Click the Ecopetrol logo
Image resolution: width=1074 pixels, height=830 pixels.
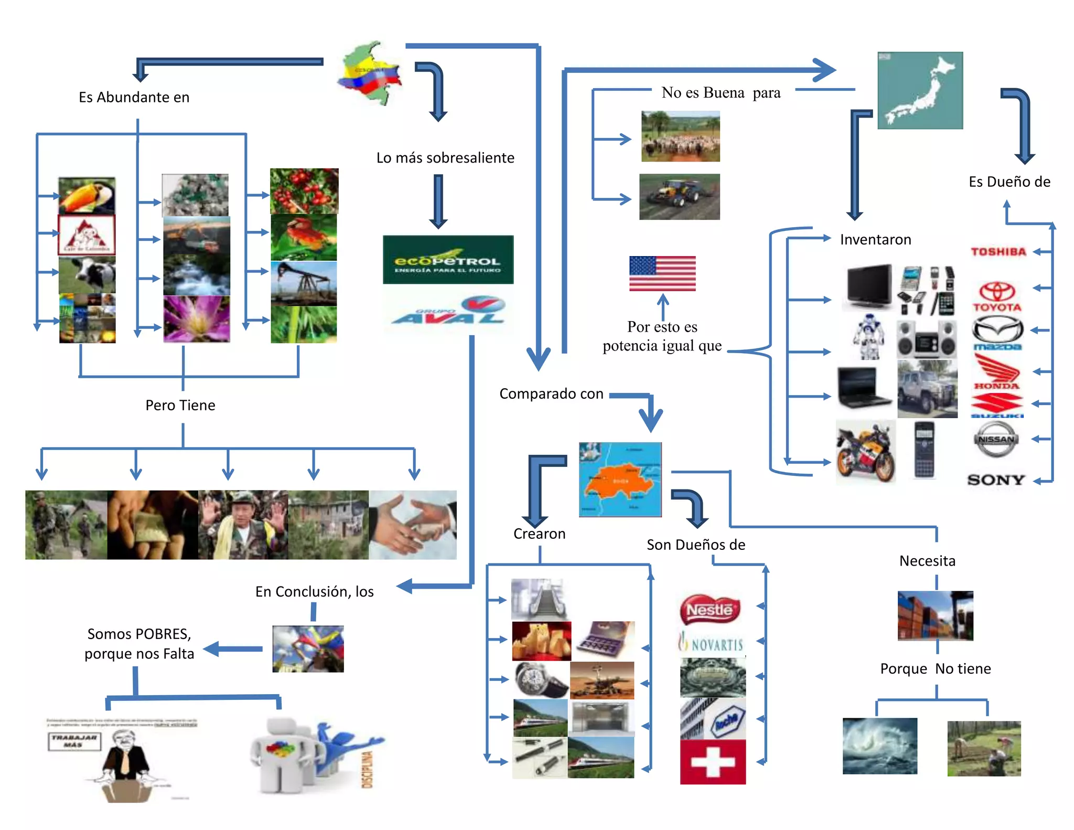pos(448,260)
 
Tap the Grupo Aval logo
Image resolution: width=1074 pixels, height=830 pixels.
pos(448,312)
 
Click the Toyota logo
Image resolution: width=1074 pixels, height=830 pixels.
pos(997,297)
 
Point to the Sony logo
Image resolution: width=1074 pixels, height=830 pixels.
pos(996,480)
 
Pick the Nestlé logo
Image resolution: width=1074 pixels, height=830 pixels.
pos(710,610)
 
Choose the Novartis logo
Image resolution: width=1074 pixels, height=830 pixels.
pos(712,643)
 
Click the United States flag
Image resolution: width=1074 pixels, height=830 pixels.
pos(662,273)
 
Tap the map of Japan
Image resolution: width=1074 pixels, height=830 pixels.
pos(920,90)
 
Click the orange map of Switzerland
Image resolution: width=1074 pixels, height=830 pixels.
pos(620,480)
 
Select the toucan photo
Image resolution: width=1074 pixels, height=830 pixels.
pos(87,195)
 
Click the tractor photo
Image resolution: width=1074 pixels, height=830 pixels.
pos(679,197)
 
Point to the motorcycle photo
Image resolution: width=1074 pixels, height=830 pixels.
pos(865,451)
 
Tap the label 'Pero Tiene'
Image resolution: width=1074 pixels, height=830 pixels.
pos(180,405)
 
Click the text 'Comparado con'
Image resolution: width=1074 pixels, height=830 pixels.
pos(551,393)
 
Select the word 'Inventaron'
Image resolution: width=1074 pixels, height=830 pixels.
pos(875,240)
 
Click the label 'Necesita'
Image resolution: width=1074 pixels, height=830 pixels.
pos(927,561)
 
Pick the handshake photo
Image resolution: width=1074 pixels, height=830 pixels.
pos(412,525)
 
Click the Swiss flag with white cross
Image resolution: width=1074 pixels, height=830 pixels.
pos(713,762)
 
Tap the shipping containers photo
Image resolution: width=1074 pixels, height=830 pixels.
pos(935,616)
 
